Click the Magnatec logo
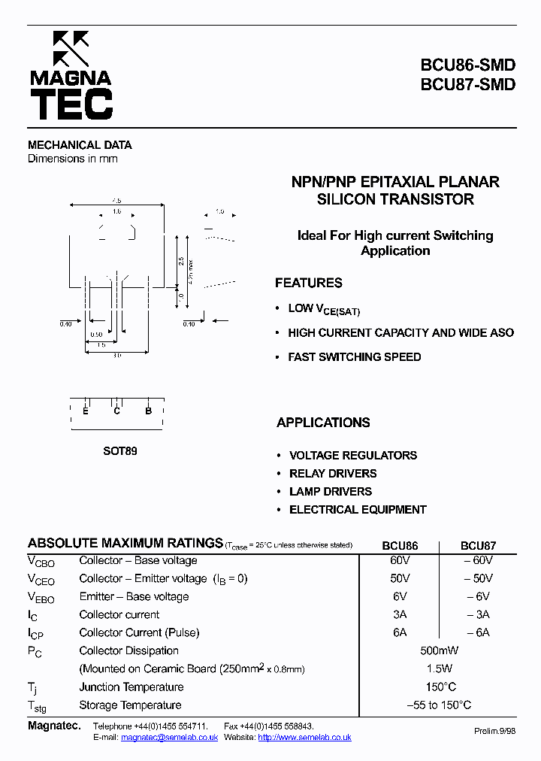click(71, 76)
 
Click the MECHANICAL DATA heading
click(80, 145)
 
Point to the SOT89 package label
click(120, 452)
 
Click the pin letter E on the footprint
click(86, 411)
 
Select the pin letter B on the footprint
click(149, 411)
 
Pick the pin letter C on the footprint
click(117, 411)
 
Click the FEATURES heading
click(308, 283)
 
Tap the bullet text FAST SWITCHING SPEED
click(354, 357)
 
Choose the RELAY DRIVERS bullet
click(333, 474)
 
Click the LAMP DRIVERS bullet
click(331, 492)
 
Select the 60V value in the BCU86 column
click(400, 561)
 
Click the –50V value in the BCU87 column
click(478, 579)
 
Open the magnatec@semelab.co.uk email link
click(169, 738)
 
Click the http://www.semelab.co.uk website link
click(304, 738)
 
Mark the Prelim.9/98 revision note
click(495, 731)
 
